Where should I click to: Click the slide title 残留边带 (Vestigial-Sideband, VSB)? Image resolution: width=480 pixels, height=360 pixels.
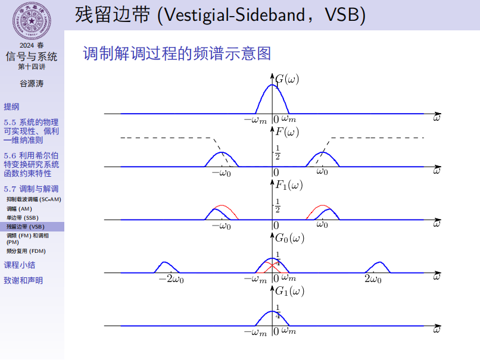click(x=220, y=15)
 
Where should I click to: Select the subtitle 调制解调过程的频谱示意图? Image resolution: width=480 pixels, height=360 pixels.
click(x=177, y=54)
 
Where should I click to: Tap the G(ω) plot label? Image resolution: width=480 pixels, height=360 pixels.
click(x=287, y=79)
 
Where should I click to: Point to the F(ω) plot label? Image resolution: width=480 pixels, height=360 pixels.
click(x=287, y=132)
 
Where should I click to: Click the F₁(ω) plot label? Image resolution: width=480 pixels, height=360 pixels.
click(x=289, y=184)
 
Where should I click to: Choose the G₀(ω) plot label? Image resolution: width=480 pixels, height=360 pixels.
click(x=289, y=238)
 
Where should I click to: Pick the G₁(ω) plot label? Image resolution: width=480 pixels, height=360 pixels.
click(x=289, y=291)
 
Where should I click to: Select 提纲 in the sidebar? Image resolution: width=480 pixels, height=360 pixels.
click(x=11, y=107)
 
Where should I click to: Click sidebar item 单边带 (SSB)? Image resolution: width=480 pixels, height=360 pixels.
click(x=23, y=218)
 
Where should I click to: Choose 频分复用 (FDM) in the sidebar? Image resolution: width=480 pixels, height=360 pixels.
click(x=26, y=251)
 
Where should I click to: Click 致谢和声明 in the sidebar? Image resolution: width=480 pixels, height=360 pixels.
click(x=23, y=280)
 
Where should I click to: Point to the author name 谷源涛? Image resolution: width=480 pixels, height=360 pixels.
click(x=32, y=84)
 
